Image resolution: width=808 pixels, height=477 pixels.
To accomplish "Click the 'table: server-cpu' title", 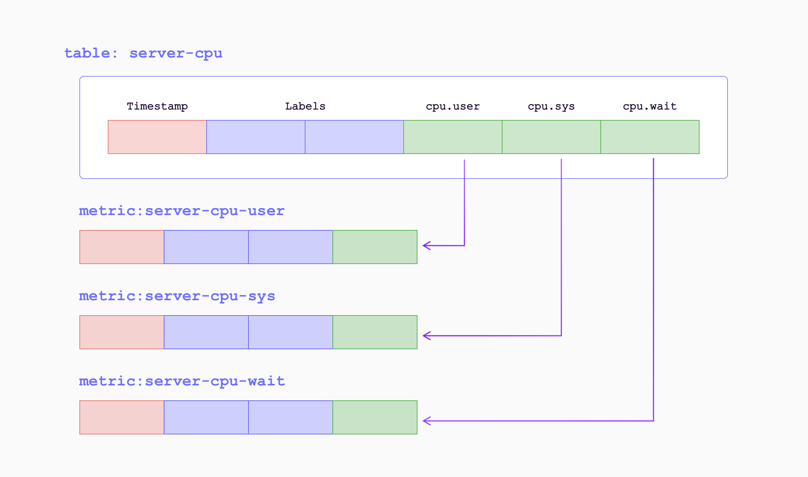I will (x=143, y=53).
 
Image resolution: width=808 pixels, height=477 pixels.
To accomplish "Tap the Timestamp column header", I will (x=157, y=106).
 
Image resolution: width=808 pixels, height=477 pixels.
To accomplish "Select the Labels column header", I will (x=305, y=106).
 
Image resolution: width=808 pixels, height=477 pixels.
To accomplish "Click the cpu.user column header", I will (x=453, y=106).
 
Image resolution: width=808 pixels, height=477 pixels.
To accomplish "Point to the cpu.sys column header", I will (x=551, y=106).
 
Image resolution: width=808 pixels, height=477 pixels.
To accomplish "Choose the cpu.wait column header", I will (x=650, y=106).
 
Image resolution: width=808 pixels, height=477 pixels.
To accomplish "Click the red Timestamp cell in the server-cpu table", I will (x=157, y=137).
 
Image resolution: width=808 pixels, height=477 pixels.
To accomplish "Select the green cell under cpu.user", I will (x=453, y=137).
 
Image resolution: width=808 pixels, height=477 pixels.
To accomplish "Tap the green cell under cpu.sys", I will (x=551, y=137).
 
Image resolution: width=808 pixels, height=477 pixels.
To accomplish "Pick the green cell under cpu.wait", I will (x=650, y=137).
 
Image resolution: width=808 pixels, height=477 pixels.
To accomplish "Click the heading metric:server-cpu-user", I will (x=181, y=211).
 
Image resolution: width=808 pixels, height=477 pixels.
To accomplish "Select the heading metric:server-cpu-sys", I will (x=177, y=296).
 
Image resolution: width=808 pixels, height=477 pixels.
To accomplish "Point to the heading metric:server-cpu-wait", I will (x=181, y=381).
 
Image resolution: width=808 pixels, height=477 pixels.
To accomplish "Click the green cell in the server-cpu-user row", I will (x=375, y=247).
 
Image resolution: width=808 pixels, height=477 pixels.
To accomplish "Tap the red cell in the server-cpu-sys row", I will (x=122, y=332).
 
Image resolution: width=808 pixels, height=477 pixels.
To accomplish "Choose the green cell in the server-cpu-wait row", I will (x=375, y=417).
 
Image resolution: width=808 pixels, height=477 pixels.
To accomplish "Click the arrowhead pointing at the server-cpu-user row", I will (x=426, y=246).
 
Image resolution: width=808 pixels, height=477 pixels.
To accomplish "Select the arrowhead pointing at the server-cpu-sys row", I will (x=426, y=336).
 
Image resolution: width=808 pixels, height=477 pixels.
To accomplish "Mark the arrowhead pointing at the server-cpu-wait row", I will (x=426, y=421).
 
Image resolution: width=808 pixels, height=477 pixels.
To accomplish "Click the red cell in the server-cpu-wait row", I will (x=122, y=417).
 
